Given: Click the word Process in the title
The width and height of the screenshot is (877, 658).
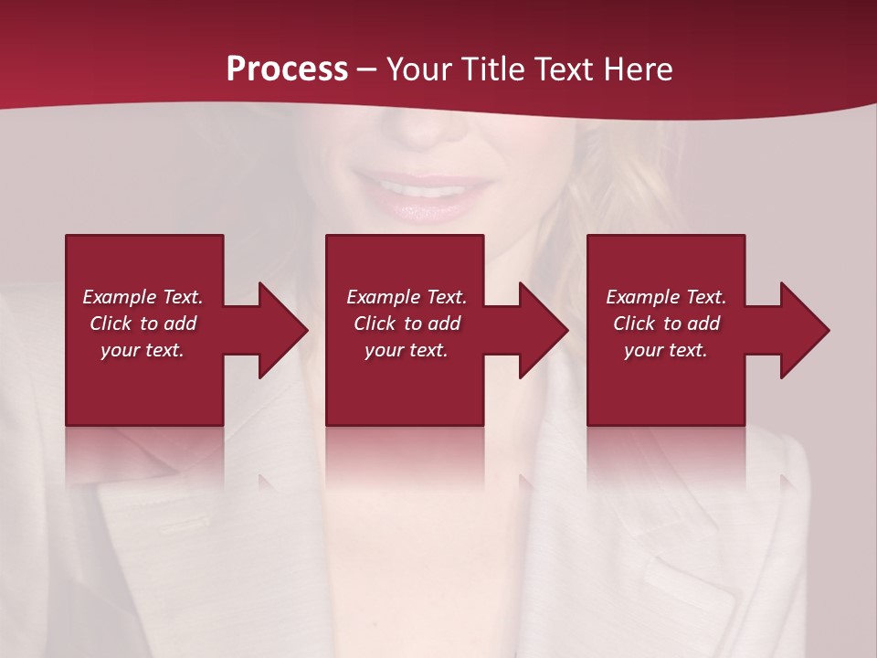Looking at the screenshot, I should (287, 69).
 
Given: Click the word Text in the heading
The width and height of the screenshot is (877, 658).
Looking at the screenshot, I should (560, 69).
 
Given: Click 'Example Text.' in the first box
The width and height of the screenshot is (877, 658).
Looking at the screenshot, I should (143, 297).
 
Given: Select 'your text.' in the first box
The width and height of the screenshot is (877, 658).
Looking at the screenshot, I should (143, 350).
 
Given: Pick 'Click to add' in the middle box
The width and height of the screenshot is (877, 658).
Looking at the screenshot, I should (407, 324).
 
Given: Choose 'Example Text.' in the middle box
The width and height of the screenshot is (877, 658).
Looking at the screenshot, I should (407, 297).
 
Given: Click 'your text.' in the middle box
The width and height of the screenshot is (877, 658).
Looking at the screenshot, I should (407, 350).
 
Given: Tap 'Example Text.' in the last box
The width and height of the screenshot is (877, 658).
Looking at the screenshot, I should (666, 297).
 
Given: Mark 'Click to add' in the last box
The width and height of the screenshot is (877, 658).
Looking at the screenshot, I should (666, 324).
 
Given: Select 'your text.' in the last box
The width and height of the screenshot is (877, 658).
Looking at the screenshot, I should (666, 350).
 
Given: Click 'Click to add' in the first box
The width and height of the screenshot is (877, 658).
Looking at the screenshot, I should (143, 324).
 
